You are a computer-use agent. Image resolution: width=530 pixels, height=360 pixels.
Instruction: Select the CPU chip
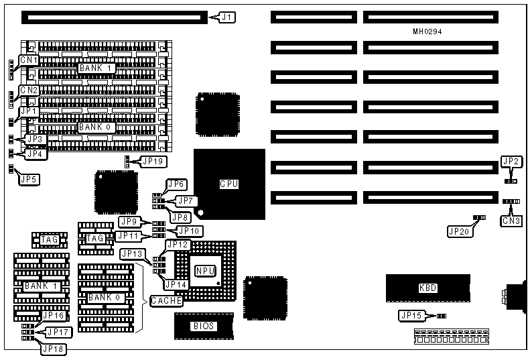[x=229, y=184]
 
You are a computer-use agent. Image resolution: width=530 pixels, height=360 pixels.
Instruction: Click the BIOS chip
[x=204, y=326]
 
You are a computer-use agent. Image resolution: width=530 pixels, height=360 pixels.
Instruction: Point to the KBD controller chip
[x=427, y=288]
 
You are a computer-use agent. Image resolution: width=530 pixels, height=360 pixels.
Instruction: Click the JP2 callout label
[x=511, y=162]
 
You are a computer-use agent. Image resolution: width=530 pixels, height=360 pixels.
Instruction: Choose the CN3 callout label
[x=512, y=220]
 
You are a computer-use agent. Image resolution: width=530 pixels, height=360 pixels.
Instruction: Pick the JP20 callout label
[x=459, y=231]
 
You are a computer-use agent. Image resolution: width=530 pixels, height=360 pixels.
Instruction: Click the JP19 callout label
[x=153, y=162]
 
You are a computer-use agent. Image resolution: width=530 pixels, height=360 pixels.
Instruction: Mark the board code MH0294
[x=427, y=31]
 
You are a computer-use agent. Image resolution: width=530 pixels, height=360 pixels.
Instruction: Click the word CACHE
[x=166, y=301]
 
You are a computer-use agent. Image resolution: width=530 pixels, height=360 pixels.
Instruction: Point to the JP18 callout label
[x=54, y=348]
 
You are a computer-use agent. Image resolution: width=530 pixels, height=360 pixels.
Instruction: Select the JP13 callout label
[x=132, y=254]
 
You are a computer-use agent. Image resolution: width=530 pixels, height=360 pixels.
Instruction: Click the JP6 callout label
[x=177, y=184]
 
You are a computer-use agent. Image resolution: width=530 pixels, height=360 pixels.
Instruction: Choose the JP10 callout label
[x=189, y=231]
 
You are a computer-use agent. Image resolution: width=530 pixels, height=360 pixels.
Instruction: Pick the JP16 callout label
[x=54, y=316]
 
